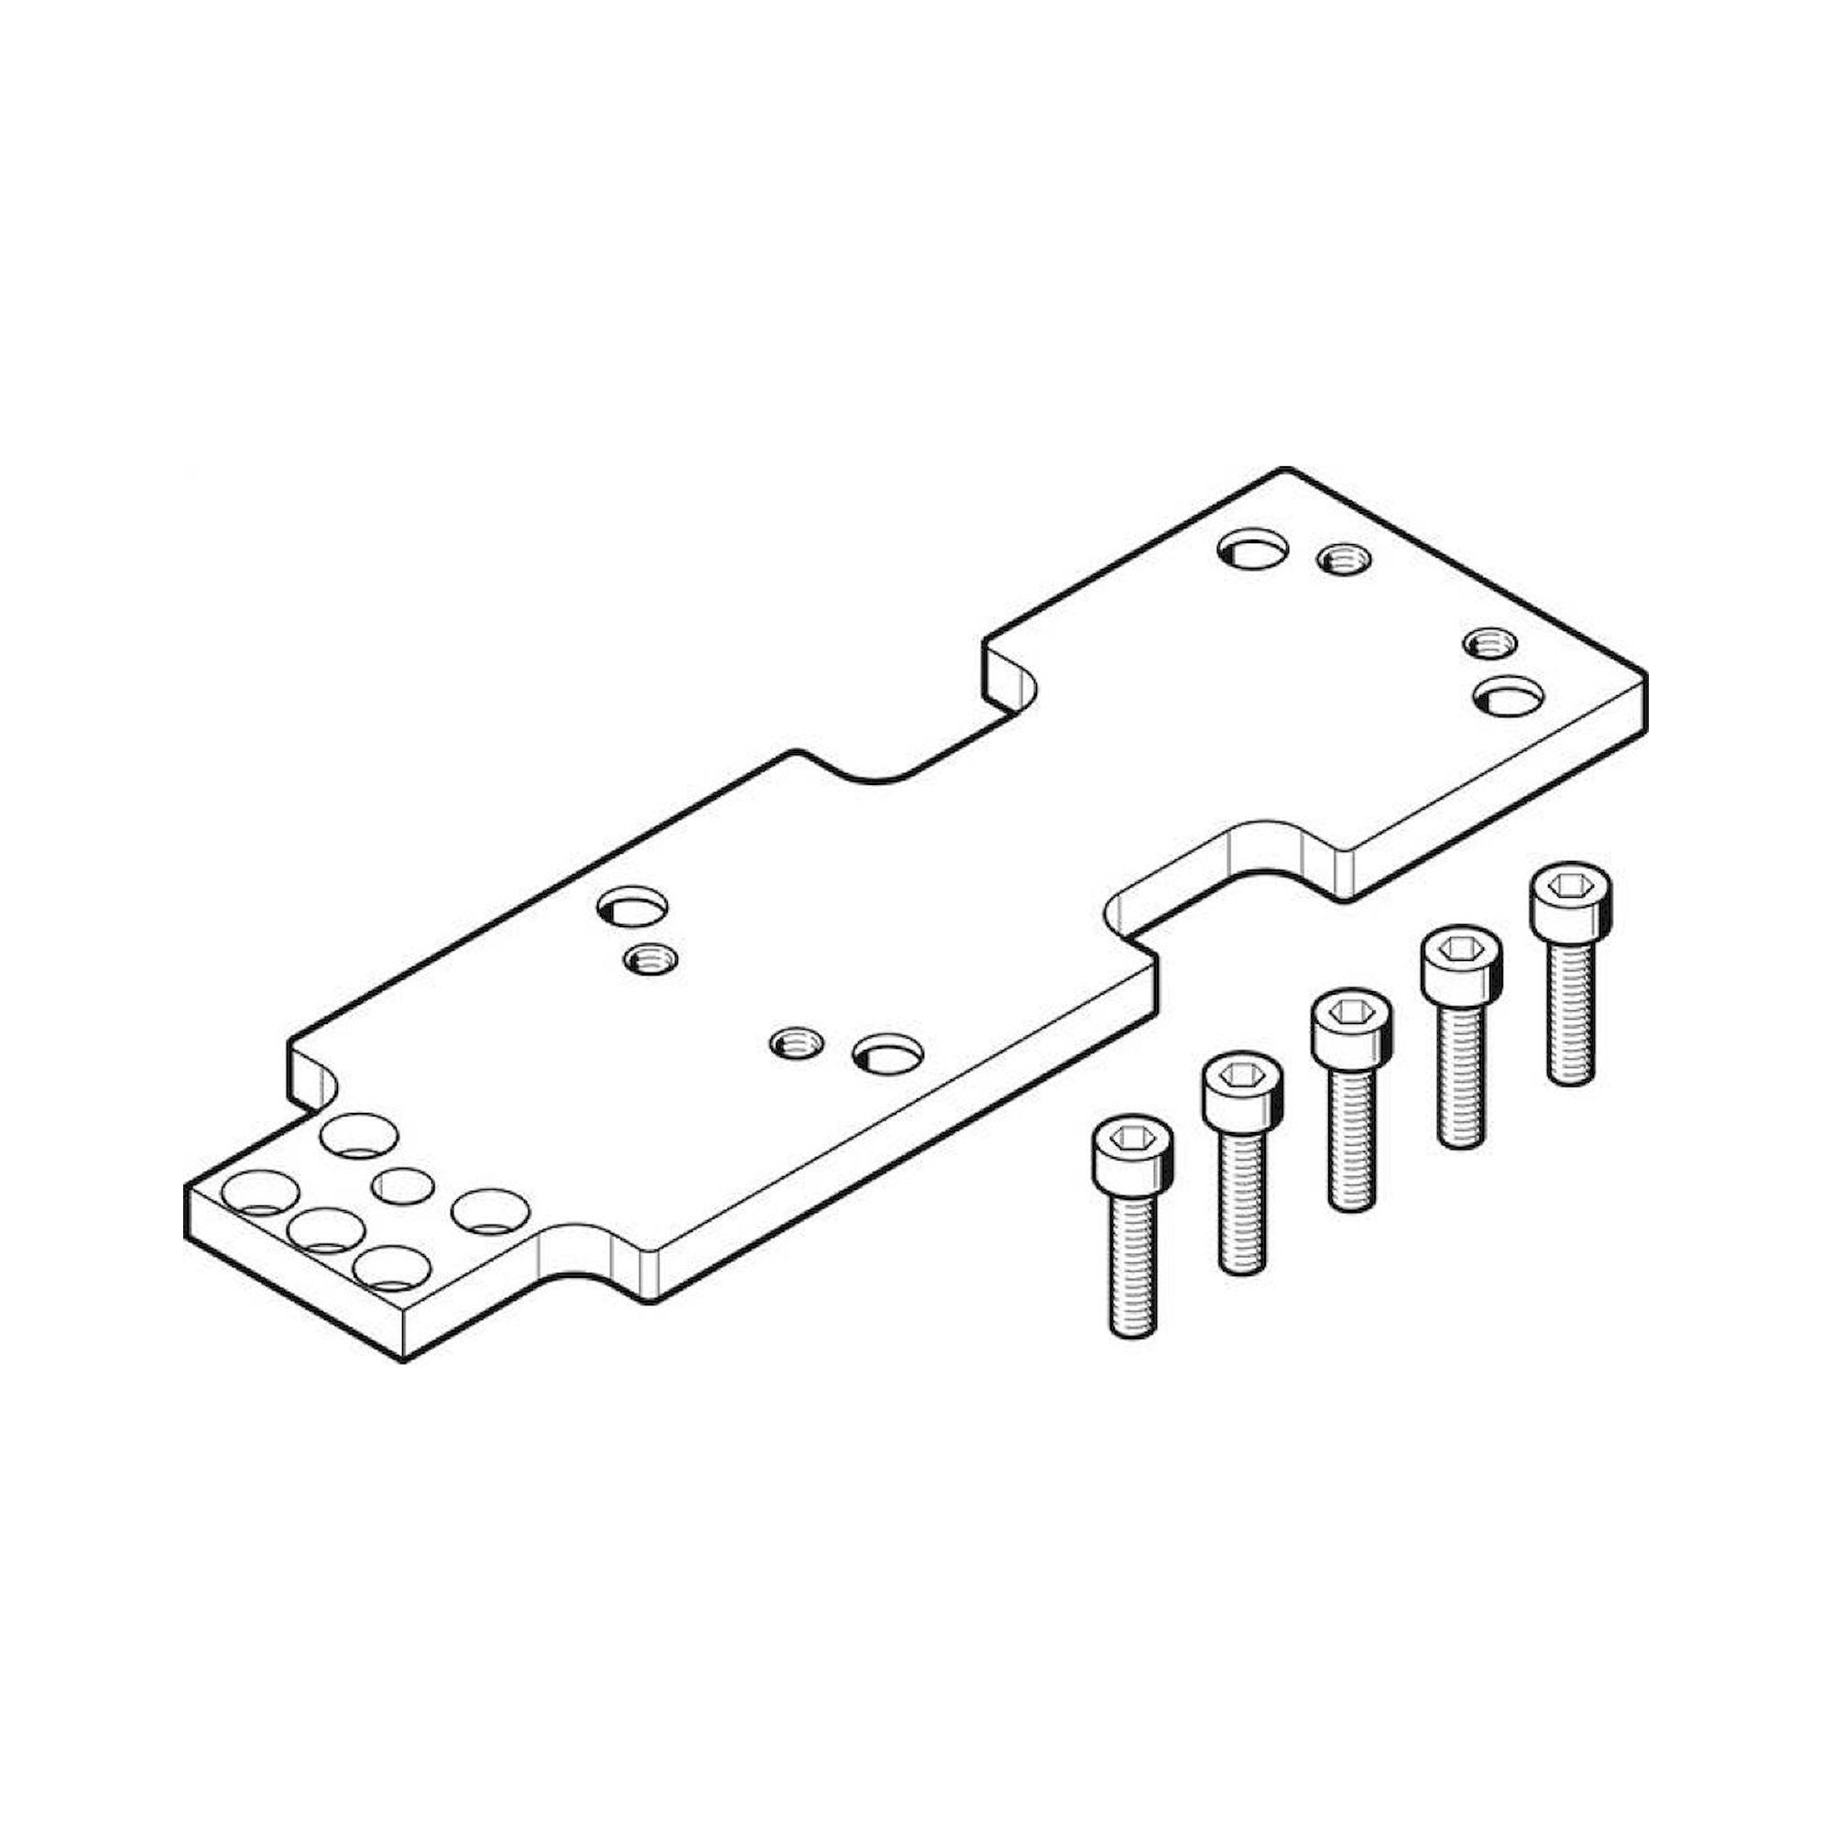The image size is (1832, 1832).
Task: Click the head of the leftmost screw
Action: [1132, 1150]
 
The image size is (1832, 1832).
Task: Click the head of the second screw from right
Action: [1461, 963]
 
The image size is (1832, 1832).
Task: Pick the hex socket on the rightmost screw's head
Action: [1571, 886]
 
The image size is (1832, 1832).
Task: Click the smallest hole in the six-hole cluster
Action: [402, 1186]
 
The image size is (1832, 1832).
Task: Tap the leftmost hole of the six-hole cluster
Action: [260, 1193]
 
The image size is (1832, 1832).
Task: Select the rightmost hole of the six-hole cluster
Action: [490, 1210]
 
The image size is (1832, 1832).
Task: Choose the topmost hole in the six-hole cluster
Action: [359, 1135]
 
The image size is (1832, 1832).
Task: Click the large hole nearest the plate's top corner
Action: [1254, 550]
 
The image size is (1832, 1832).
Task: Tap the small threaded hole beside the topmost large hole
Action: [1344, 560]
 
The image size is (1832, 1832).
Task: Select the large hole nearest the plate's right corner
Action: [1508, 696]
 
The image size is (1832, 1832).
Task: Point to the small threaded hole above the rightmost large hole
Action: [1489, 643]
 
